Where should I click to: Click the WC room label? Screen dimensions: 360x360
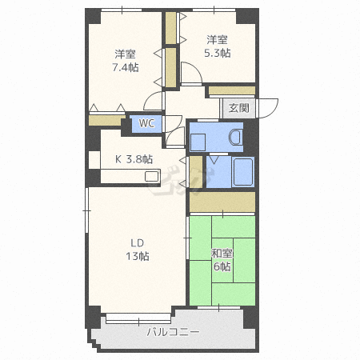click(x=146, y=123)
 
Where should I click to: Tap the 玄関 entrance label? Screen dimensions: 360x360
click(x=239, y=108)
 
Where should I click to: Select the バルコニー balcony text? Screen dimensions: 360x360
click(x=174, y=332)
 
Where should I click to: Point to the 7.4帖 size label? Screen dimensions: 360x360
click(x=126, y=67)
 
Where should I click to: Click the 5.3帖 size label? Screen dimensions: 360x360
click(x=218, y=53)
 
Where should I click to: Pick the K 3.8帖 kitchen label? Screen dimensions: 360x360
click(x=134, y=159)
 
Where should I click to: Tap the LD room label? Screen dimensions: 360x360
click(x=138, y=243)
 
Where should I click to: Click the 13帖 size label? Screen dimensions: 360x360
click(x=138, y=256)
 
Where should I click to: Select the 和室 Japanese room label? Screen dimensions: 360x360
click(x=222, y=254)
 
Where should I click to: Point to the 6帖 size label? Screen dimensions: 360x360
click(x=222, y=266)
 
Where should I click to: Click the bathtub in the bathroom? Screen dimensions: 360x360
click(x=243, y=172)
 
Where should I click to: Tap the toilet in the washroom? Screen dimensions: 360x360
click(x=236, y=137)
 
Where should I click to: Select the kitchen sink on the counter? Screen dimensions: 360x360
click(x=152, y=176)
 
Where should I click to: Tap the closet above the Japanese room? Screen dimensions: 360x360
click(x=222, y=202)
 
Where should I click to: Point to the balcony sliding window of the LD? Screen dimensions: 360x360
click(x=138, y=318)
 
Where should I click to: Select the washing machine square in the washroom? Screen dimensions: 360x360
click(x=198, y=142)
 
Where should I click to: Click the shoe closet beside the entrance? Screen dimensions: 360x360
click(x=232, y=90)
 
